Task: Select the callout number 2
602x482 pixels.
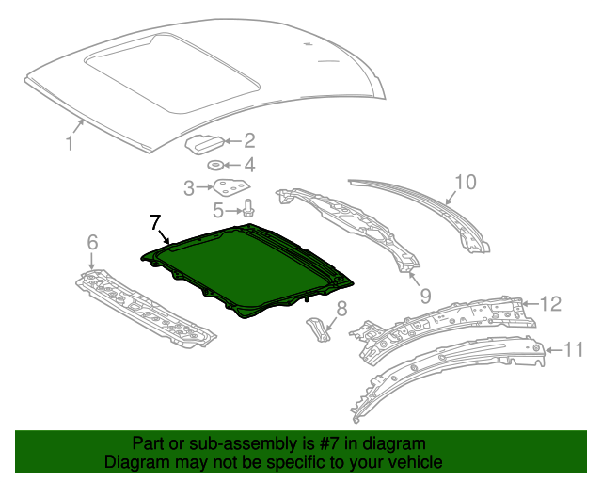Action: (x=249, y=141)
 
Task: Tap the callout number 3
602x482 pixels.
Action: (x=189, y=187)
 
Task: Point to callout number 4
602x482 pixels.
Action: (x=249, y=165)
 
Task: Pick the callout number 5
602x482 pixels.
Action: (x=217, y=209)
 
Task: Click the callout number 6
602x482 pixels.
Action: (x=92, y=244)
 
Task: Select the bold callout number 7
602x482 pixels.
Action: (x=155, y=222)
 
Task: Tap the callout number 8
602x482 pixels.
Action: (x=341, y=307)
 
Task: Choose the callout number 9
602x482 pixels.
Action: (x=425, y=295)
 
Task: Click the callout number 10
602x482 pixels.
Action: (x=466, y=182)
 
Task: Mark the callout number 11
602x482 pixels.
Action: (x=574, y=350)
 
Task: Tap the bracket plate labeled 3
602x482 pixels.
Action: (x=230, y=187)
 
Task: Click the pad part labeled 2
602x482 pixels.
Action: (x=204, y=143)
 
